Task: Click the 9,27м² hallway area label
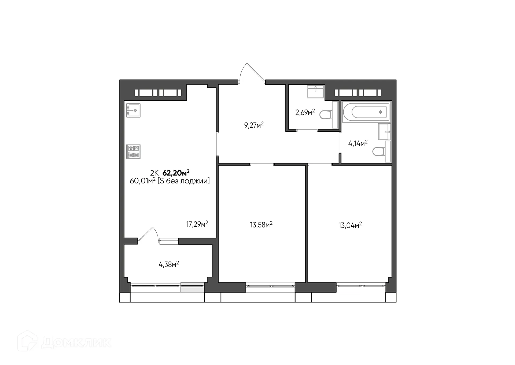point(254,125)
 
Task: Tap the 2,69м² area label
point(305,112)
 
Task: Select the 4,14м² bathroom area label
point(358,143)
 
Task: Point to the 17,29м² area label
point(197,224)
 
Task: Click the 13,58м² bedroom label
point(261,225)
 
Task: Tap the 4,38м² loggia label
point(169,265)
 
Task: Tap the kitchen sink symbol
point(133,110)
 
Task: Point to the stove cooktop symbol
point(133,152)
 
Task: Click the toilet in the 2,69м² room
point(325,115)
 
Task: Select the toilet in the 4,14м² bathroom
point(378,152)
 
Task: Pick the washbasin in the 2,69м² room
point(316,92)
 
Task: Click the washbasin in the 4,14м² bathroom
point(385,132)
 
